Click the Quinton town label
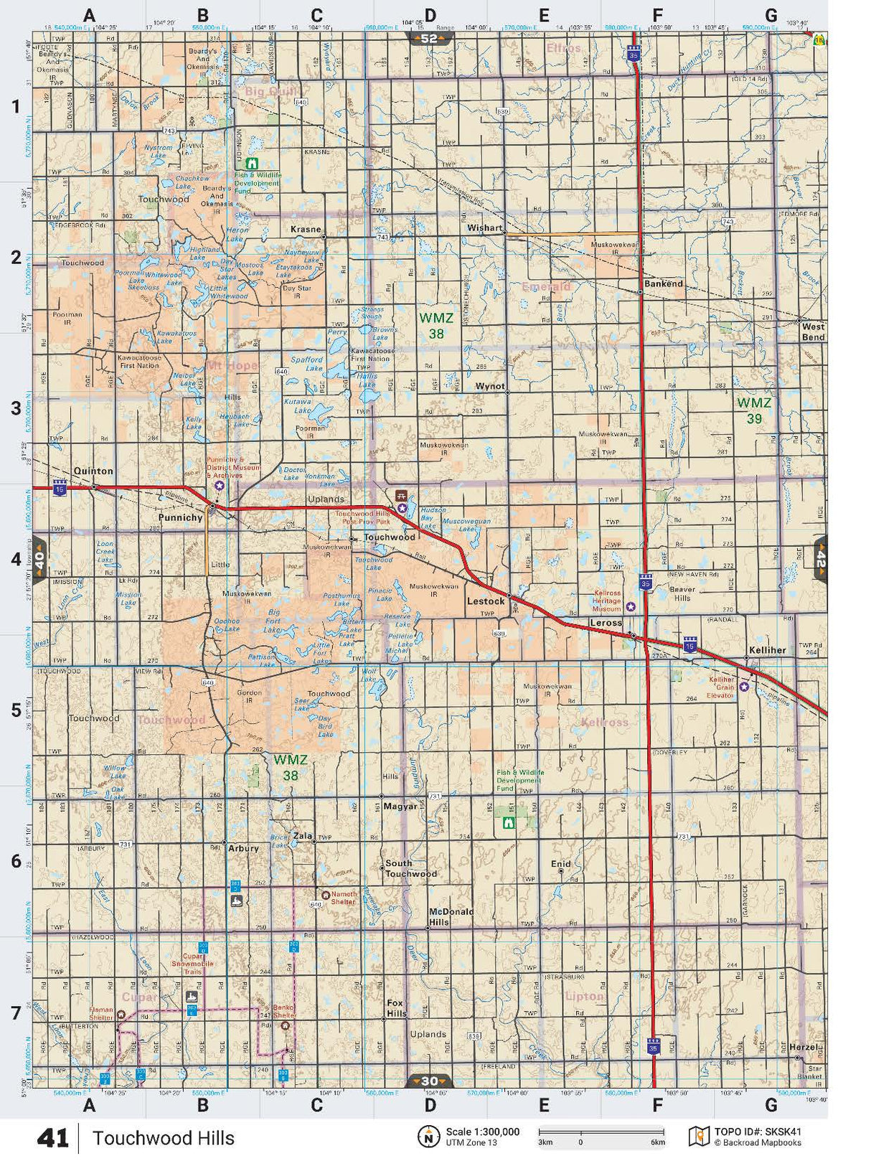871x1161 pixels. pos(93,471)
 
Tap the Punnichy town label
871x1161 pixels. pos(180,517)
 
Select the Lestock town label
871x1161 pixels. pos(486,601)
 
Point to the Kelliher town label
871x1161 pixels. pos(767,650)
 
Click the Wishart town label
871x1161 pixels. pos(485,227)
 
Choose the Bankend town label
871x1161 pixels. pos(663,283)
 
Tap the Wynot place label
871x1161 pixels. pos(490,386)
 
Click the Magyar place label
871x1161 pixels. pos(400,806)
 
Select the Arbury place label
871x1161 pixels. pos(243,848)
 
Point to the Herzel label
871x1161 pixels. pos(803,1047)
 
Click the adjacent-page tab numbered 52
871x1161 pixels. pos(428,39)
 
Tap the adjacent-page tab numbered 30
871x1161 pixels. pos(429,1081)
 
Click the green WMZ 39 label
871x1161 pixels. pos(754,410)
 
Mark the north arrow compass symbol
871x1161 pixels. pos(428,1137)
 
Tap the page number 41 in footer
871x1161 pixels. pos(52,1138)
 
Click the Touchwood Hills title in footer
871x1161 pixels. pos(163,1138)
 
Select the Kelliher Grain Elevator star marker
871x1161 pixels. pos(744,687)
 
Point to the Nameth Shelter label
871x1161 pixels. pos(343,898)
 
